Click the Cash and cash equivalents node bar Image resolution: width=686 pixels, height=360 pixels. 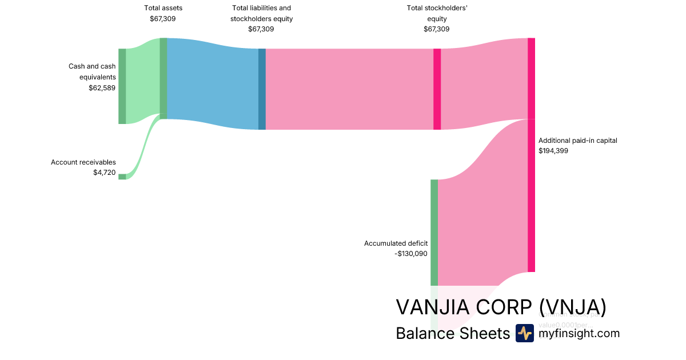[122, 86]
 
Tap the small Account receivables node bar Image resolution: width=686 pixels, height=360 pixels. [122, 177]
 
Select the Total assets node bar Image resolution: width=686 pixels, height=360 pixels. [163, 78]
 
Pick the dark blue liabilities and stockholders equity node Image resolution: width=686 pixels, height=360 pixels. [262, 89]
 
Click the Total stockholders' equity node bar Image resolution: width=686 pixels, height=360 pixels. [437, 89]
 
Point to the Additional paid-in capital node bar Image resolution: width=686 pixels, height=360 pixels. [531, 154]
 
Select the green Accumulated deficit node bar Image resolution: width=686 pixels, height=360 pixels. [434, 232]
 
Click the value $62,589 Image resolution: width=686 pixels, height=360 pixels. [102, 88]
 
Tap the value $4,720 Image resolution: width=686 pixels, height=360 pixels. [104, 173]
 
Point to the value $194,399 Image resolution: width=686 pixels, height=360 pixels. [553, 151]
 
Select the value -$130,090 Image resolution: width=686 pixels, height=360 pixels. [411, 254]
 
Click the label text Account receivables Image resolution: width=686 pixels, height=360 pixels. [83, 162]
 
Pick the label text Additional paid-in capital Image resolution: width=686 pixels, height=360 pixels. [577, 141]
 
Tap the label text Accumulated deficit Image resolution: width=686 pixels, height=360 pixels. [396, 243]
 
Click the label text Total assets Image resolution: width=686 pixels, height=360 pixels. [163, 8]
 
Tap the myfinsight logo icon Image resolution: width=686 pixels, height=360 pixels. [524, 333]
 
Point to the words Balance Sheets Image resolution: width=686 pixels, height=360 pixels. [452, 333]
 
